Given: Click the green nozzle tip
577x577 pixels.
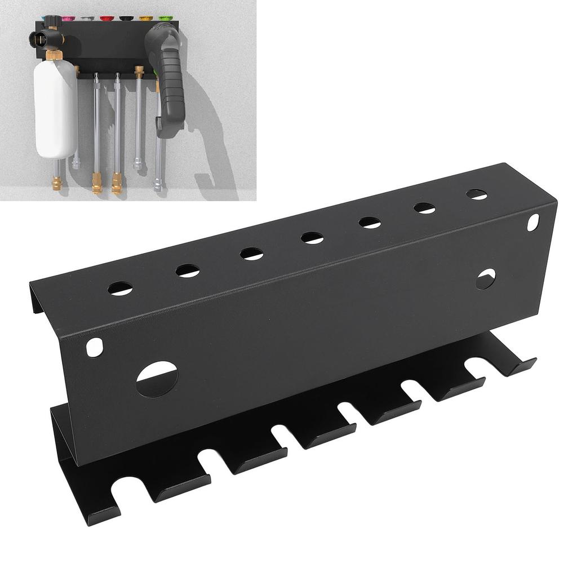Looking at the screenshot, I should point(165,19).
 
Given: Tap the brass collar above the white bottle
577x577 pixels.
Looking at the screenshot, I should point(55,55).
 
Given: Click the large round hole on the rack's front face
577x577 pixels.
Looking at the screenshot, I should point(157,379).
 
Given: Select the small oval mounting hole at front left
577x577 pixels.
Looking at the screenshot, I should point(95,347).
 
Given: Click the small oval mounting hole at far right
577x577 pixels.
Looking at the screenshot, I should point(532,222).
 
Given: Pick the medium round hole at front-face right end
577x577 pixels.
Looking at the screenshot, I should point(485,279).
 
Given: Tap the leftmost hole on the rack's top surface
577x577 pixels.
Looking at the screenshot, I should point(120,289).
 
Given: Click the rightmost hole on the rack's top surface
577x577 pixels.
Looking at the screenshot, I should point(477,194).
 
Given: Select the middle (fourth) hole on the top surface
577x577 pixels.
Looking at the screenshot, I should point(312,238).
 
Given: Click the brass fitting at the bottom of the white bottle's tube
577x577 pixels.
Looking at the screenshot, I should point(57,181).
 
